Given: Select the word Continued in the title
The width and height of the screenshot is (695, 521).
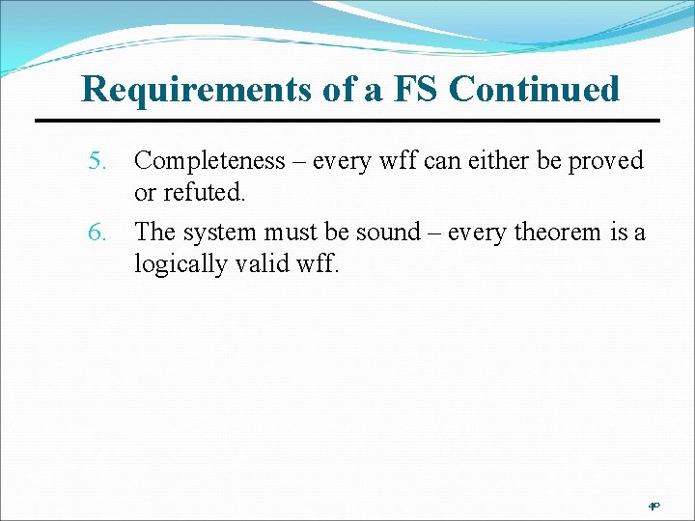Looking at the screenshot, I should coord(534,89).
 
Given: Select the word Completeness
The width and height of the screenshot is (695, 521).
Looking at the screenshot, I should coord(209,161).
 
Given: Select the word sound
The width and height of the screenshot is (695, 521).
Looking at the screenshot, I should coord(391,233).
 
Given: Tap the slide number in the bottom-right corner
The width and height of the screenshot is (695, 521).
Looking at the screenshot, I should coord(653,505).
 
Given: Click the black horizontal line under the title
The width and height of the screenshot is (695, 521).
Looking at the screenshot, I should coord(347,121).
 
